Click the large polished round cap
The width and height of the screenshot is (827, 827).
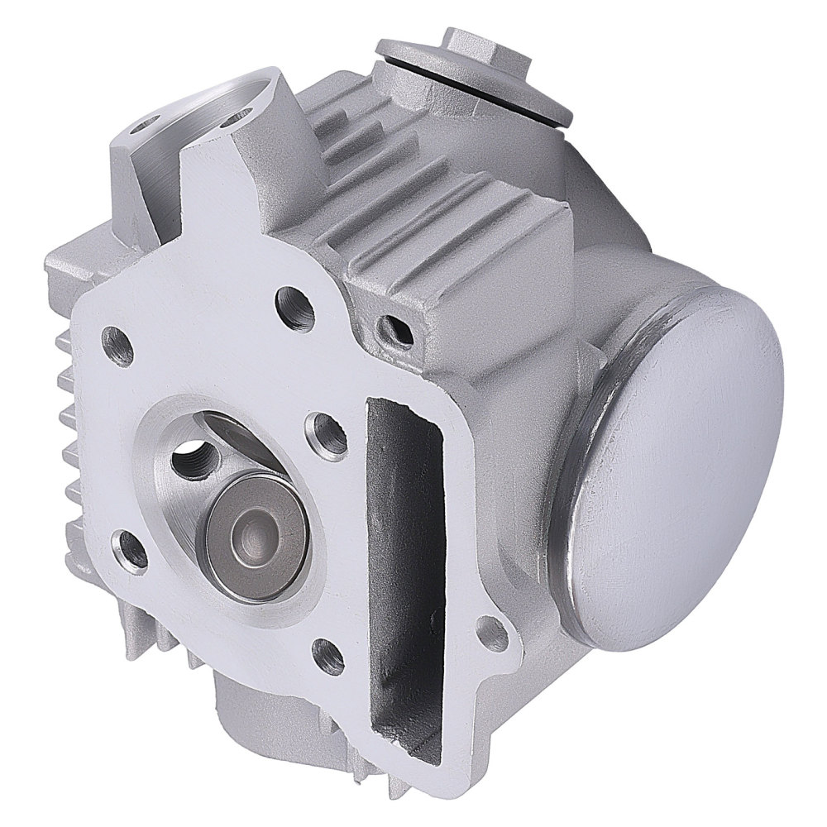click(674, 463)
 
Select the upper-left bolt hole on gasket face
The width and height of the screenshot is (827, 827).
click(117, 345)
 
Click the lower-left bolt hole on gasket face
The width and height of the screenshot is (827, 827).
click(132, 552)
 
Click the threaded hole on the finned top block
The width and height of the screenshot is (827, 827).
click(392, 330)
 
